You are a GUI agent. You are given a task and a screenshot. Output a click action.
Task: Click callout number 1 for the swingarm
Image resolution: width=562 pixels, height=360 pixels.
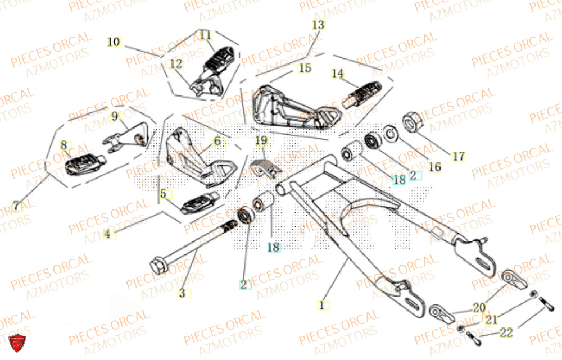click(x=322, y=306)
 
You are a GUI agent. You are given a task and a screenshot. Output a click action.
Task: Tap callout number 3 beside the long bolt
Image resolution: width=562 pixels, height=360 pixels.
click(x=183, y=293)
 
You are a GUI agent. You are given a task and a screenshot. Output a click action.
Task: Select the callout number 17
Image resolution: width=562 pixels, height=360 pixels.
click(x=459, y=156)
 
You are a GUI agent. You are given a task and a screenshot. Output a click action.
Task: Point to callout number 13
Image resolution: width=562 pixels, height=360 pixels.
click(x=318, y=25)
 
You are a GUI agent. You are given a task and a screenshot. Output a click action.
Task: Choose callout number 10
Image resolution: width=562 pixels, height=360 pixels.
click(x=114, y=42)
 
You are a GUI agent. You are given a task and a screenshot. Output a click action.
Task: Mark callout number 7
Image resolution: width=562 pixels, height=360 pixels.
click(x=17, y=207)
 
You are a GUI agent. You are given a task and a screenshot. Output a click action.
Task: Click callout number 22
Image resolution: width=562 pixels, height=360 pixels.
click(x=506, y=333)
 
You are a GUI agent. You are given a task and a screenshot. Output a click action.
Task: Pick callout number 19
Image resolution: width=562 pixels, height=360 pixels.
click(x=261, y=140)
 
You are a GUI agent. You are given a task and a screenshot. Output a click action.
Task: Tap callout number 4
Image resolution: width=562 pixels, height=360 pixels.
click(x=107, y=235)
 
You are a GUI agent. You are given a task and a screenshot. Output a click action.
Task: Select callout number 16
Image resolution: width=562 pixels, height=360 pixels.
click(x=435, y=167)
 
